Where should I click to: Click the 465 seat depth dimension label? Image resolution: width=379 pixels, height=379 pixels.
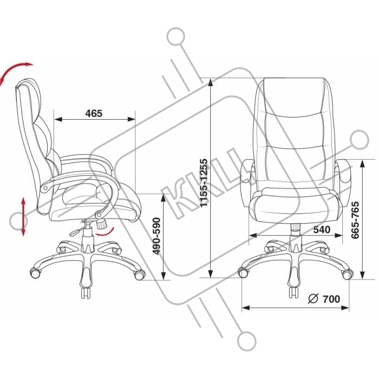94,113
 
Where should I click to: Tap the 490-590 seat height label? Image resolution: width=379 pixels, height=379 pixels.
157,236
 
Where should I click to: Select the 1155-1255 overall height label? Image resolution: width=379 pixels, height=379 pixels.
204,183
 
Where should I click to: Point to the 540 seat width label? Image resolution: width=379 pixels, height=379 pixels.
322,230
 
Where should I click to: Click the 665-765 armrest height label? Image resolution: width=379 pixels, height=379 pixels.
355,220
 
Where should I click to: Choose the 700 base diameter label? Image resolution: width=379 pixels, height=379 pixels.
331,299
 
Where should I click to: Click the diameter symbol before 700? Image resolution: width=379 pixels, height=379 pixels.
313,299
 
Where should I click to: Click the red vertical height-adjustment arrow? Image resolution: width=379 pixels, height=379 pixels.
23,217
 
